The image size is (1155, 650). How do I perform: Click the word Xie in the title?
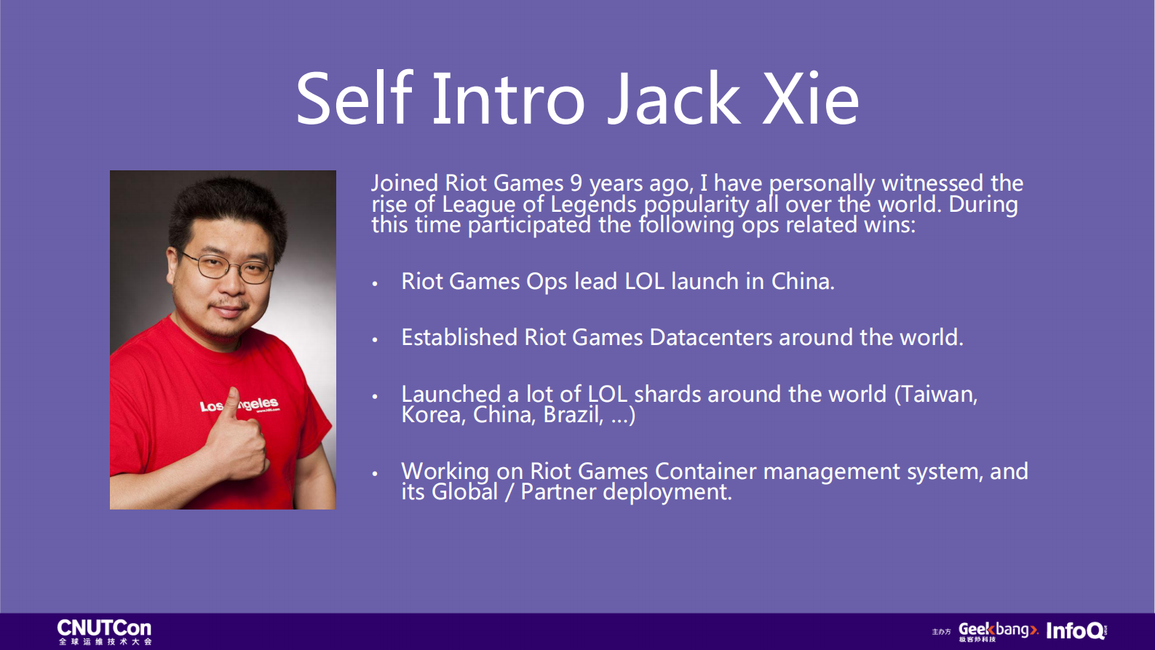[x=810, y=98]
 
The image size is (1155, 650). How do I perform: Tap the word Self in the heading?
[x=354, y=98]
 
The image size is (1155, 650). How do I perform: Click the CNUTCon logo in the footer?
[x=105, y=632]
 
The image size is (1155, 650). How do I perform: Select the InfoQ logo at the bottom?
[x=1076, y=631]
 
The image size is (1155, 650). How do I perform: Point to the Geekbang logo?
[x=999, y=632]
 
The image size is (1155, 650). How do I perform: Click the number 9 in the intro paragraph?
[x=576, y=183]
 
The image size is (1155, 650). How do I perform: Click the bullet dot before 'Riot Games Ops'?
[x=375, y=283]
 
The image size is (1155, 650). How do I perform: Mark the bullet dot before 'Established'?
[x=375, y=339]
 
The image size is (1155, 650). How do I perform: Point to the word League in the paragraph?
[x=478, y=205]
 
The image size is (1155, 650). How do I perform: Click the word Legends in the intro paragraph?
[x=593, y=205]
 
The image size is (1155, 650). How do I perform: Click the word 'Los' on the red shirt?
[x=211, y=407]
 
